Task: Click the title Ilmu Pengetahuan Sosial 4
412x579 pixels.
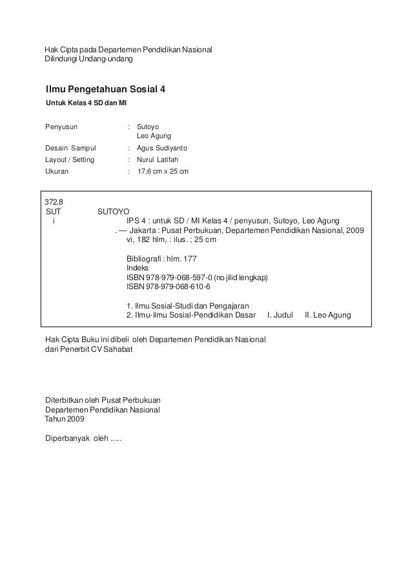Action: pos(105,88)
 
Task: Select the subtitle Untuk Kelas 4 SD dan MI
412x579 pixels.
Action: pos(85,105)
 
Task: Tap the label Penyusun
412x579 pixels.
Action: pos(60,127)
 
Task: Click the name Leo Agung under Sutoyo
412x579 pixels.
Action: pos(154,137)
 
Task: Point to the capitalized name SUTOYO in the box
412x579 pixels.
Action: pos(113,212)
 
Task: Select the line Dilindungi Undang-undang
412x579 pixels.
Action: pos(88,59)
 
